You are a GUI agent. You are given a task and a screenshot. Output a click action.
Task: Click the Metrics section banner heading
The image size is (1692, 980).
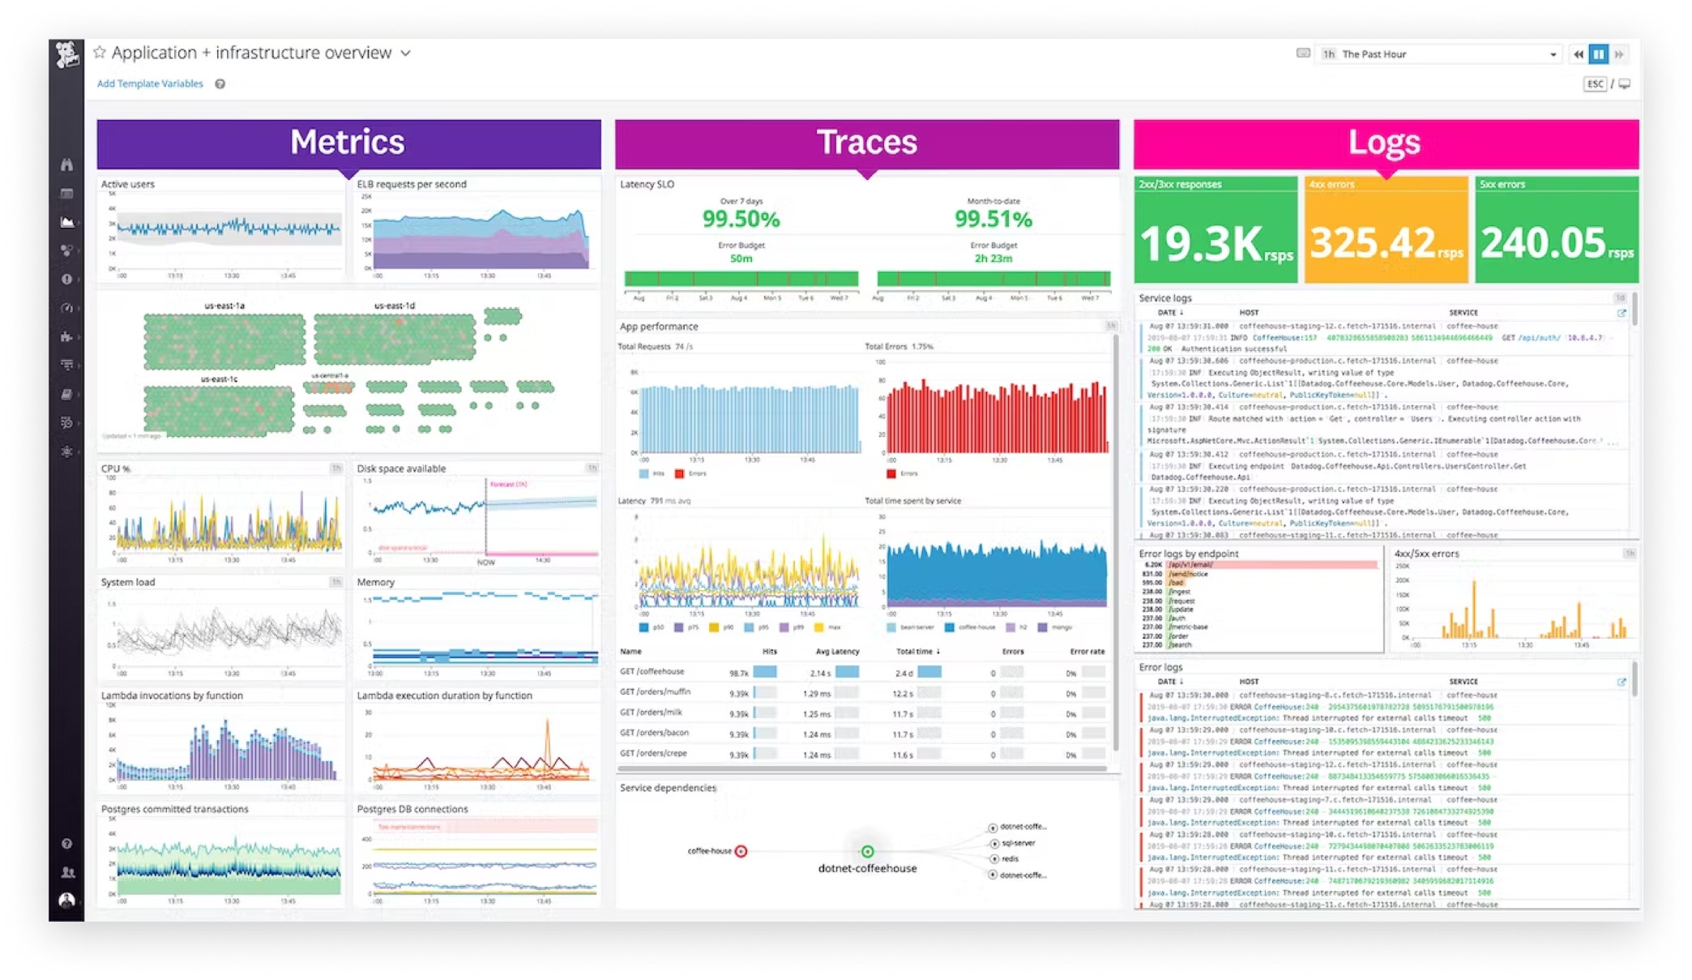pyautogui.click(x=348, y=143)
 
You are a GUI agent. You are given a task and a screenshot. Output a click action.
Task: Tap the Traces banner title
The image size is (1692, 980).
pyautogui.click(x=866, y=143)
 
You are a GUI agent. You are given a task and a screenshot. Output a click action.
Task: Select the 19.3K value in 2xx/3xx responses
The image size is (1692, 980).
pyautogui.click(x=1201, y=243)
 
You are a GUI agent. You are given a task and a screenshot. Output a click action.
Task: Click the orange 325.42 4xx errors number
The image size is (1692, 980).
pyautogui.click(x=1373, y=243)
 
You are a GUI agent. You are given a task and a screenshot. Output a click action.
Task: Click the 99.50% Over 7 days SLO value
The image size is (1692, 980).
pyautogui.click(x=741, y=219)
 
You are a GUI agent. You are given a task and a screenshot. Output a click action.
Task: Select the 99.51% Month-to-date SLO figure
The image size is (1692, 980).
pyautogui.click(x=993, y=219)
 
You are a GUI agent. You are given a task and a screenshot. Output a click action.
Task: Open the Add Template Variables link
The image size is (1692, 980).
pyautogui.click(x=150, y=83)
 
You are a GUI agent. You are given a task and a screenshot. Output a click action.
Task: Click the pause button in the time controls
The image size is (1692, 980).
pyautogui.click(x=1598, y=54)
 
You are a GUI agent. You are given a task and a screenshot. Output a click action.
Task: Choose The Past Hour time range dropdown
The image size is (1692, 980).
pyautogui.click(x=1438, y=54)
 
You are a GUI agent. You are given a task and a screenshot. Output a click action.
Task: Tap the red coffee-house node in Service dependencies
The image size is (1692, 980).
pyautogui.click(x=741, y=851)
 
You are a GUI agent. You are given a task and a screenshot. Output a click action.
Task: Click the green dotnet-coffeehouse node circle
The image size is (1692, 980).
pyautogui.click(x=867, y=851)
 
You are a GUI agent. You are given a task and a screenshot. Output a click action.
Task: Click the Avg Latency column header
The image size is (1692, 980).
pyautogui.click(x=837, y=652)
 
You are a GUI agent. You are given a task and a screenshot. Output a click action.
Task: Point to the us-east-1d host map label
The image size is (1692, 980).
pyautogui.click(x=395, y=306)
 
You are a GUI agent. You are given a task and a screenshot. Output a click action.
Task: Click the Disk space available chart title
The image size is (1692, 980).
pyautogui.click(x=401, y=469)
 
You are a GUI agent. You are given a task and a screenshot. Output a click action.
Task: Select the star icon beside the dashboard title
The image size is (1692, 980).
pyautogui.click(x=100, y=53)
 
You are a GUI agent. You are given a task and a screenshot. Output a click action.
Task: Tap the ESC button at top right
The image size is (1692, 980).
pyautogui.click(x=1595, y=83)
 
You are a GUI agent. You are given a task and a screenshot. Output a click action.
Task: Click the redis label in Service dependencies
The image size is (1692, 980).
pyautogui.click(x=1010, y=859)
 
